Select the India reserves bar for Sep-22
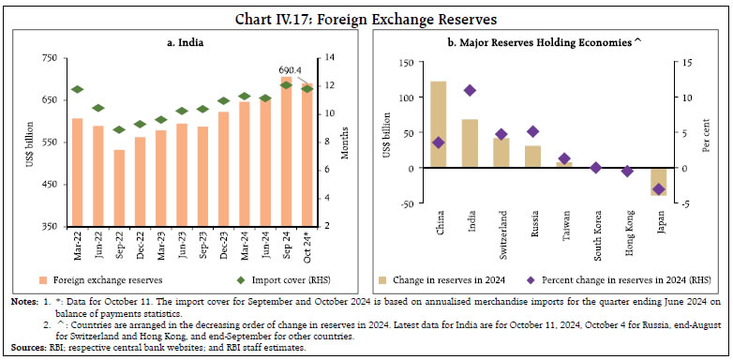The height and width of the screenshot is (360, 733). (x=119, y=187)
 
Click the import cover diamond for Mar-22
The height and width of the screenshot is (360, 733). (x=77, y=90)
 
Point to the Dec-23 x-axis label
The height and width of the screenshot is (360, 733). (x=223, y=247)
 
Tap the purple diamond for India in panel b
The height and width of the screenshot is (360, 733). (x=470, y=90)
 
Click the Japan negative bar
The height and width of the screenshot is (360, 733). (x=659, y=182)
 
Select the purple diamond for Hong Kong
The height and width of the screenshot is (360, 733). (x=627, y=172)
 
